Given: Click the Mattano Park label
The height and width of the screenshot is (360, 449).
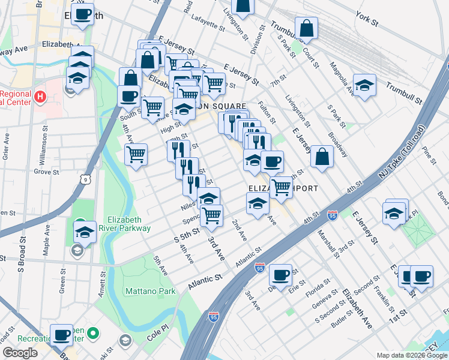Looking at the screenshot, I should coord(150,292).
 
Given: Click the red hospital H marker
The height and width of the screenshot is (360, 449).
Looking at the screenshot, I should coord(40,96).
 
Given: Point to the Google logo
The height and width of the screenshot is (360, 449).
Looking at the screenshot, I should coord(20,353).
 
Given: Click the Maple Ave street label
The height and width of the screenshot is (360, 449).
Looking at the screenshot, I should coord(46,239).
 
